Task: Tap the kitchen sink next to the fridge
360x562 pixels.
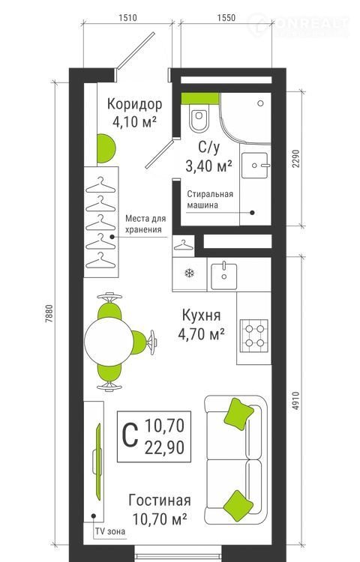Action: pos(223,275)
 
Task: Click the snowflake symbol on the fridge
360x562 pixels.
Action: pos(189,274)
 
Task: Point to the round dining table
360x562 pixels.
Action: pos(109,341)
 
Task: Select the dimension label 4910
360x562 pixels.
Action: pos(295,402)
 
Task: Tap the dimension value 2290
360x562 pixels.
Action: pos(295,158)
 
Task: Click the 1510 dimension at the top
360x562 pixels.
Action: pos(127,17)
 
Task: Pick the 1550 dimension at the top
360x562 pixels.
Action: pos(226,17)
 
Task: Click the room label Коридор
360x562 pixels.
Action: pos(135,104)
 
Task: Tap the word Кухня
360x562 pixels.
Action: pos(201,315)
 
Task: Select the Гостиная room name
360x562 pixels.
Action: pos(160,500)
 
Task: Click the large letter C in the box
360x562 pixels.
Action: pos(130,435)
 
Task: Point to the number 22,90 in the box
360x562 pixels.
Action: pos(164,447)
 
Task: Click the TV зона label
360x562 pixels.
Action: pos(110,531)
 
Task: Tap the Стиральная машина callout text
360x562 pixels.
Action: pos(210,199)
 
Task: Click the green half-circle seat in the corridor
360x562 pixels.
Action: pos(106,148)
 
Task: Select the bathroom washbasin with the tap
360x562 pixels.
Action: pos(254,166)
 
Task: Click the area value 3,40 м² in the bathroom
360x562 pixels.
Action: pos(208,166)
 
